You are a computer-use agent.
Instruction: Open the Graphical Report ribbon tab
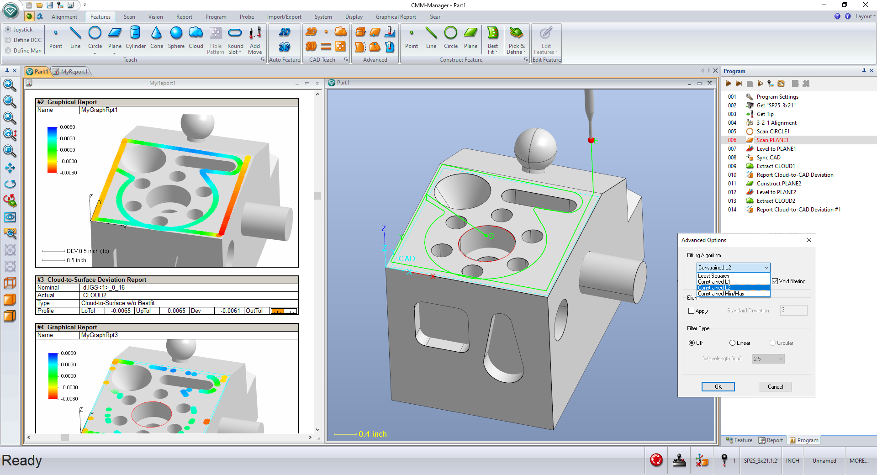[x=396, y=17]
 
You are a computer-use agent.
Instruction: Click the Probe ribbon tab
[x=247, y=17]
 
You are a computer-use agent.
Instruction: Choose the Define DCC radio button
[x=8, y=40]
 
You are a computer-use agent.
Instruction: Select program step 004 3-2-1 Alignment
[x=776, y=123]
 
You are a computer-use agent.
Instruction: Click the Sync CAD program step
[x=768, y=158]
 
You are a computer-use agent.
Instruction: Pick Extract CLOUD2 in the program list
[x=776, y=201]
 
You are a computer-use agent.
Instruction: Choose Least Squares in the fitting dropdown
[x=713, y=276]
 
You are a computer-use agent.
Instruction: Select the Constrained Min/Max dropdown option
[x=721, y=294]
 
